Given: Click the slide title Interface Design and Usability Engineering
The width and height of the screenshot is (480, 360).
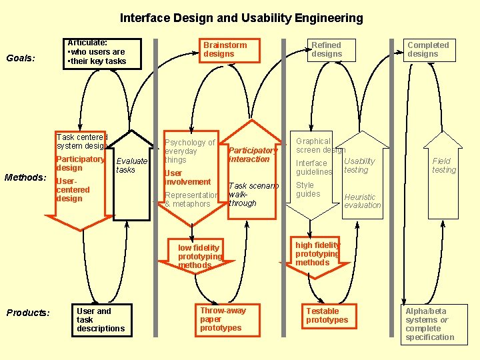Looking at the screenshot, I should click(x=241, y=18).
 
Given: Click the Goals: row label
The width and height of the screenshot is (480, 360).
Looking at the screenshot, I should click(x=21, y=58).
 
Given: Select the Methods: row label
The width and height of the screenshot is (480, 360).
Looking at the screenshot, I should click(x=25, y=177).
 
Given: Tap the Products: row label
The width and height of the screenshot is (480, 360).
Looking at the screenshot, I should click(x=28, y=313).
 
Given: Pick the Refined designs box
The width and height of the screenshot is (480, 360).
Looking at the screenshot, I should click(x=327, y=50).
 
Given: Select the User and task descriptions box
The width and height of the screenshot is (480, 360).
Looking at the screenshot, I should click(x=101, y=320).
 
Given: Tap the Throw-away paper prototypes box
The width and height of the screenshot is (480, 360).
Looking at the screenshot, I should click(x=224, y=319).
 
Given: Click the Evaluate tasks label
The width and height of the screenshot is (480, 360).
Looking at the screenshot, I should click(x=131, y=165).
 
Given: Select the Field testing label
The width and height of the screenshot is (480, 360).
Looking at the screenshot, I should click(x=444, y=165).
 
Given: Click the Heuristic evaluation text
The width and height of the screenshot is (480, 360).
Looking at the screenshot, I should click(x=362, y=201).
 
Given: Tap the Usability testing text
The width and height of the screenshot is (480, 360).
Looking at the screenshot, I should click(x=359, y=165).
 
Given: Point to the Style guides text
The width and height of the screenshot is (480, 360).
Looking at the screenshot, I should click(x=308, y=189).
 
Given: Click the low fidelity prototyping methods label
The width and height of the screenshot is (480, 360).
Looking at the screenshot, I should click(x=199, y=257).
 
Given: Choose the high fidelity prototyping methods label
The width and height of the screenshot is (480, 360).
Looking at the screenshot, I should click(x=317, y=254).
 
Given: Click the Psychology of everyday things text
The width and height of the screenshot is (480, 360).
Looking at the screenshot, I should click(x=189, y=151).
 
